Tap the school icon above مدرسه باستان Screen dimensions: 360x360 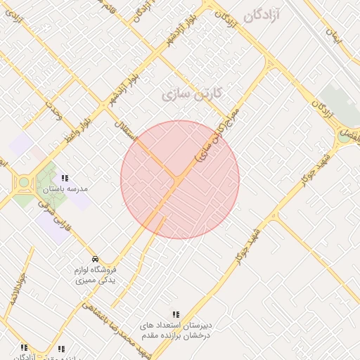point(65,179)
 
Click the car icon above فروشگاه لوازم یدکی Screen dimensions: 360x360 point(96,258)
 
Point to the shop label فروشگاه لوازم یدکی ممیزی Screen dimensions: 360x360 point(96,274)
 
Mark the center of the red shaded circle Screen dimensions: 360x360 point(180,180)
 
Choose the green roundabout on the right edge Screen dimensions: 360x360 point(344,136)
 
